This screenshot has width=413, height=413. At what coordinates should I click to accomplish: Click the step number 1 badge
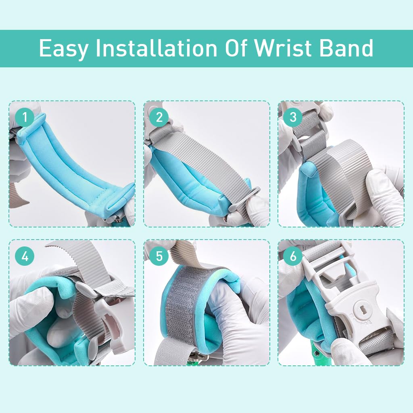(x=25, y=118)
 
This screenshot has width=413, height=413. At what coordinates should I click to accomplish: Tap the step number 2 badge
(x=159, y=118)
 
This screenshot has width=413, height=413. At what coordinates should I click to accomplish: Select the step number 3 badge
(x=293, y=117)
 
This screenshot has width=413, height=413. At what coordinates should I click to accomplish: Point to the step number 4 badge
(x=25, y=256)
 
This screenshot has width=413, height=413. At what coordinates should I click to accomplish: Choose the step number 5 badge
(x=159, y=256)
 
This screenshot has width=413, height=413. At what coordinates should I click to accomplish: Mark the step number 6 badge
(x=293, y=256)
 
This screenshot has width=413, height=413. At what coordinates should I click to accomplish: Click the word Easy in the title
(x=63, y=49)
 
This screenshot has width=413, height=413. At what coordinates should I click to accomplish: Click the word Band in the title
(x=346, y=48)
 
